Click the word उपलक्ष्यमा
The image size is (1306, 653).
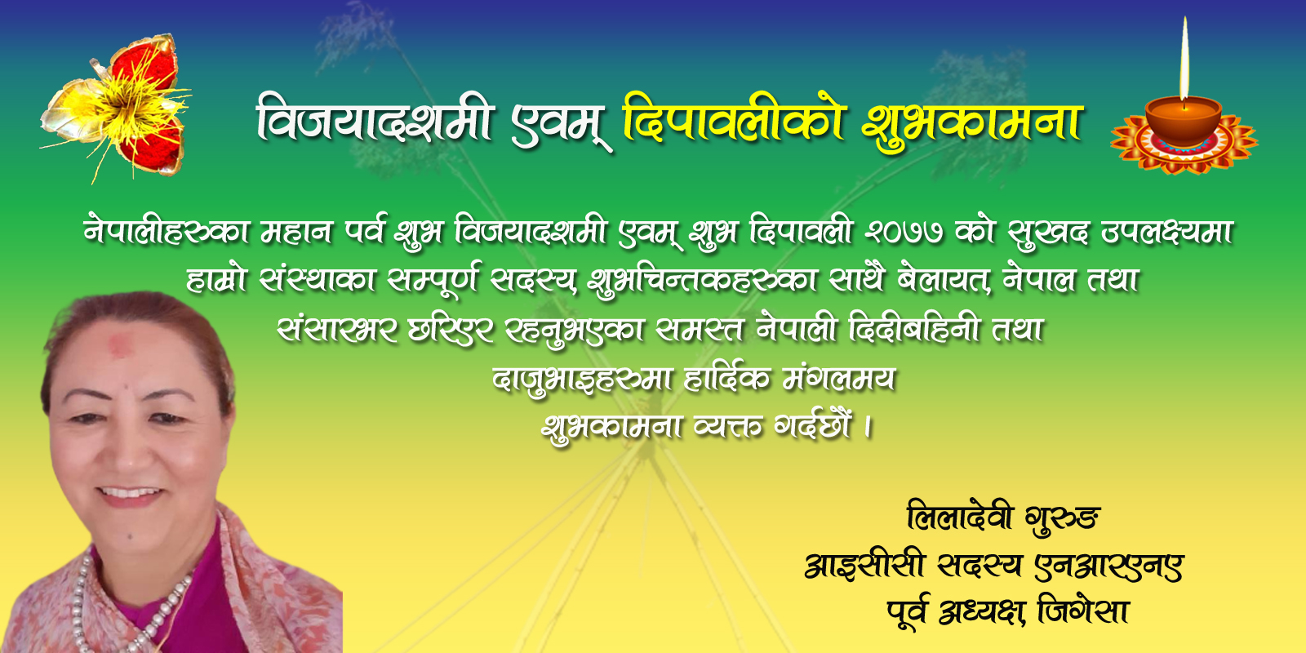point(1166,233)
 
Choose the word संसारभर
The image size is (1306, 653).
point(338,330)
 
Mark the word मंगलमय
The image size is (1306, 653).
point(838,379)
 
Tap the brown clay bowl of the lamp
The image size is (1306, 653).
point(1184,122)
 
